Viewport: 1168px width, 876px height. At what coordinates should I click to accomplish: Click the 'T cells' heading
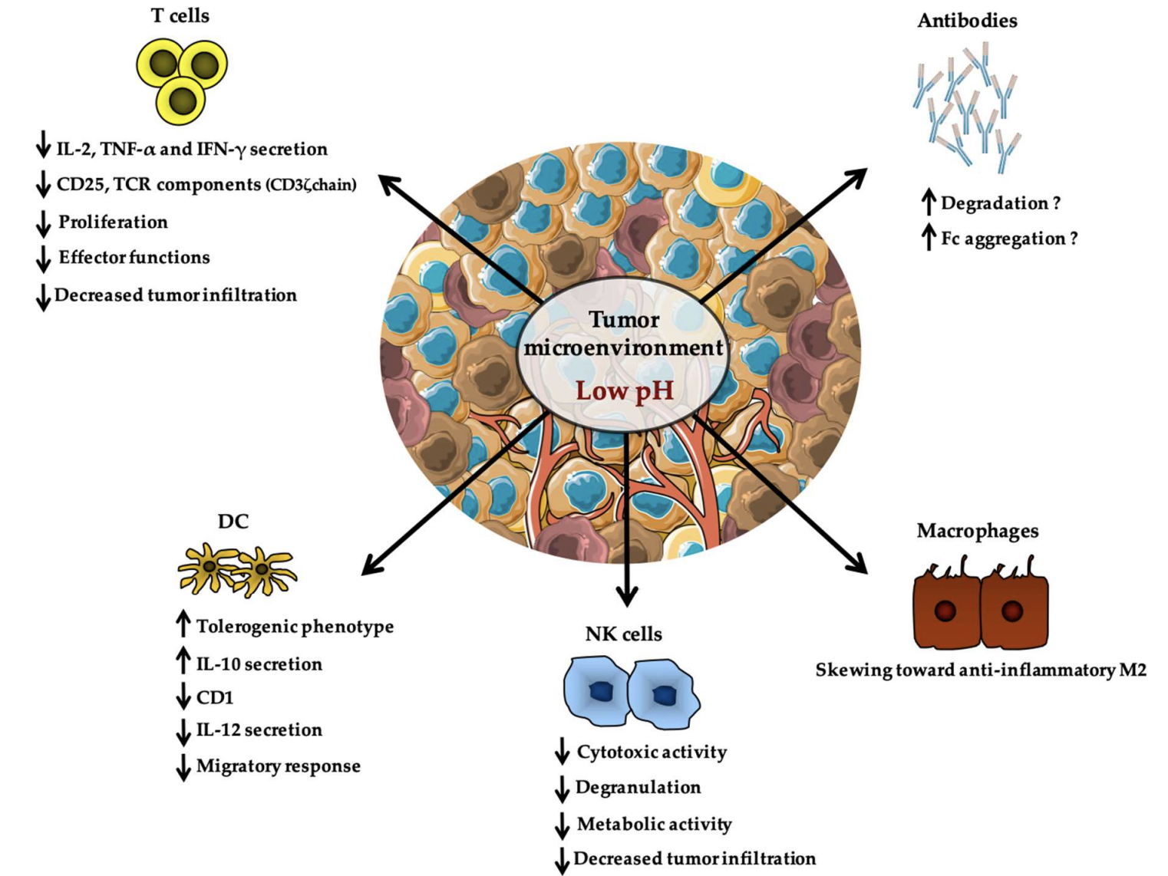(x=180, y=15)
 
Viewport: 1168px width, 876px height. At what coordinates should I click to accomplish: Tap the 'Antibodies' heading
(x=967, y=20)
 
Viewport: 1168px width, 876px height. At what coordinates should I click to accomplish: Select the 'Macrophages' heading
(x=977, y=532)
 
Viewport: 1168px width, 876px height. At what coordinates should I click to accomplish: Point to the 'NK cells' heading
(x=623, y=634)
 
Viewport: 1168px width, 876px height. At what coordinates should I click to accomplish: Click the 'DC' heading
(x=233, y=522)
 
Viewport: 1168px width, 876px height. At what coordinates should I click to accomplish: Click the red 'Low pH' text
(x=624, y=391)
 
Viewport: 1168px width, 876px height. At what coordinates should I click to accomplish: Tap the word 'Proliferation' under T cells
(x=113, y=222)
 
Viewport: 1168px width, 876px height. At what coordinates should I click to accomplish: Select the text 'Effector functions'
(x=134, y=258)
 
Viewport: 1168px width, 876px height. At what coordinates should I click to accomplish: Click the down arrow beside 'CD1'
(x=183, y=696)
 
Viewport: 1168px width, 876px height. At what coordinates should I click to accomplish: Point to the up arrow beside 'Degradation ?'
(x=929, y=202)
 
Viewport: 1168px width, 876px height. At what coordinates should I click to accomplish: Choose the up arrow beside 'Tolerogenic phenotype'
(x=183, y=624)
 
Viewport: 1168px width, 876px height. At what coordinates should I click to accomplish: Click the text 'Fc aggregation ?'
(x=1009, y=239)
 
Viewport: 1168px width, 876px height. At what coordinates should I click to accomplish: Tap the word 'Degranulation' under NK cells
(x=638, y=787)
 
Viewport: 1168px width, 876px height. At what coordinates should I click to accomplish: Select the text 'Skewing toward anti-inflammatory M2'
(x=981, y=670)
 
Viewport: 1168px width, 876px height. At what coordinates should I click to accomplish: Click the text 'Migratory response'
(x=279, y=766)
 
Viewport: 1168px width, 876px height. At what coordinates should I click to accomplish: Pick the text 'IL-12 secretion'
(x=259, y=729)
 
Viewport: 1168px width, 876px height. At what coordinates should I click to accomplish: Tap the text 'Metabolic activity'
(x=654, y=824)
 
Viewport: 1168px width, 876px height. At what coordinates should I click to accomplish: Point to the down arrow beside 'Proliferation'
(x=43, y=223)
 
